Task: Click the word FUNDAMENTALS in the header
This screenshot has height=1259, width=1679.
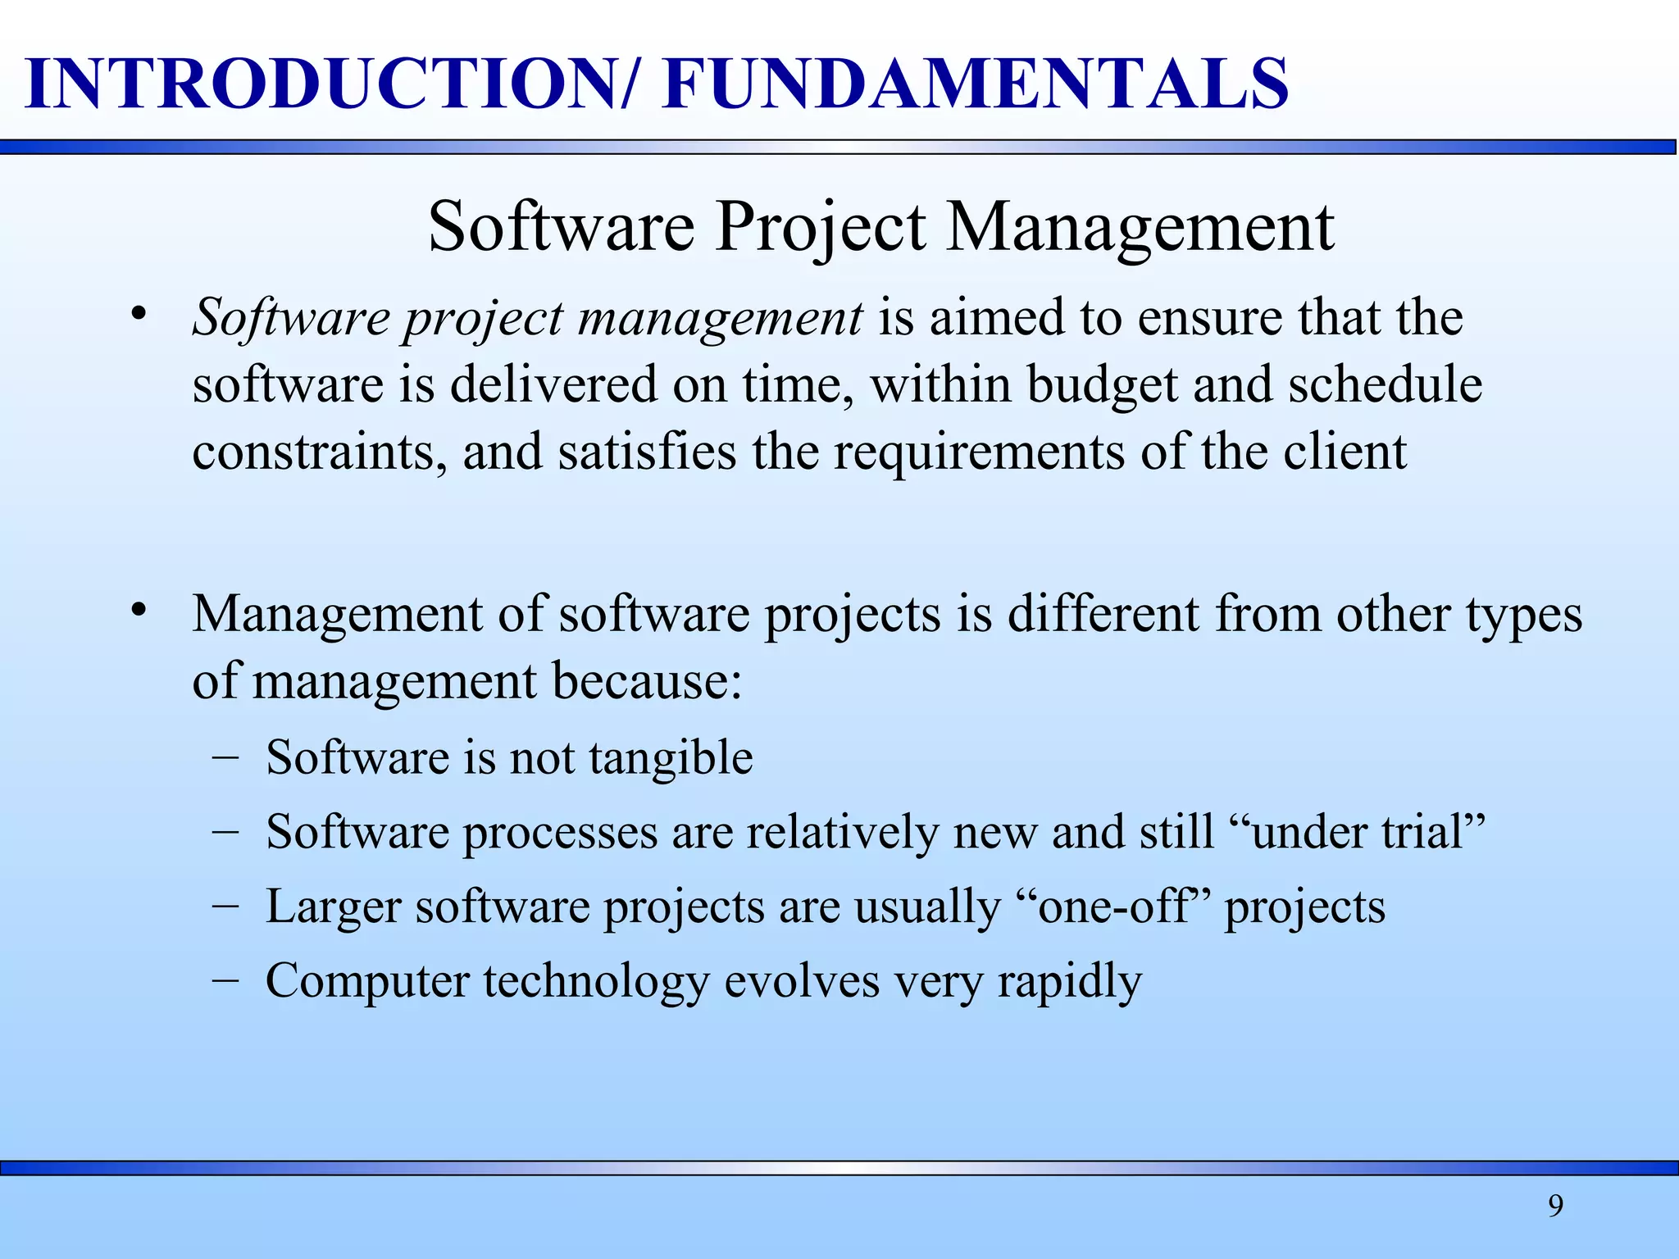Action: pos(976,84)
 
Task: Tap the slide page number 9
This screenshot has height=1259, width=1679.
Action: pos(1555,1206)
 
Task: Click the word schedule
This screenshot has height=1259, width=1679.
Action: pos(1385,384)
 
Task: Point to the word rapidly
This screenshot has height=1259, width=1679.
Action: pos(1069,981)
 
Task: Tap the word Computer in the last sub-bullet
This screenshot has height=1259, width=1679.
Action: pos(366,981)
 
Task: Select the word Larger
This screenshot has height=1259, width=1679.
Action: pos(333,907)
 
